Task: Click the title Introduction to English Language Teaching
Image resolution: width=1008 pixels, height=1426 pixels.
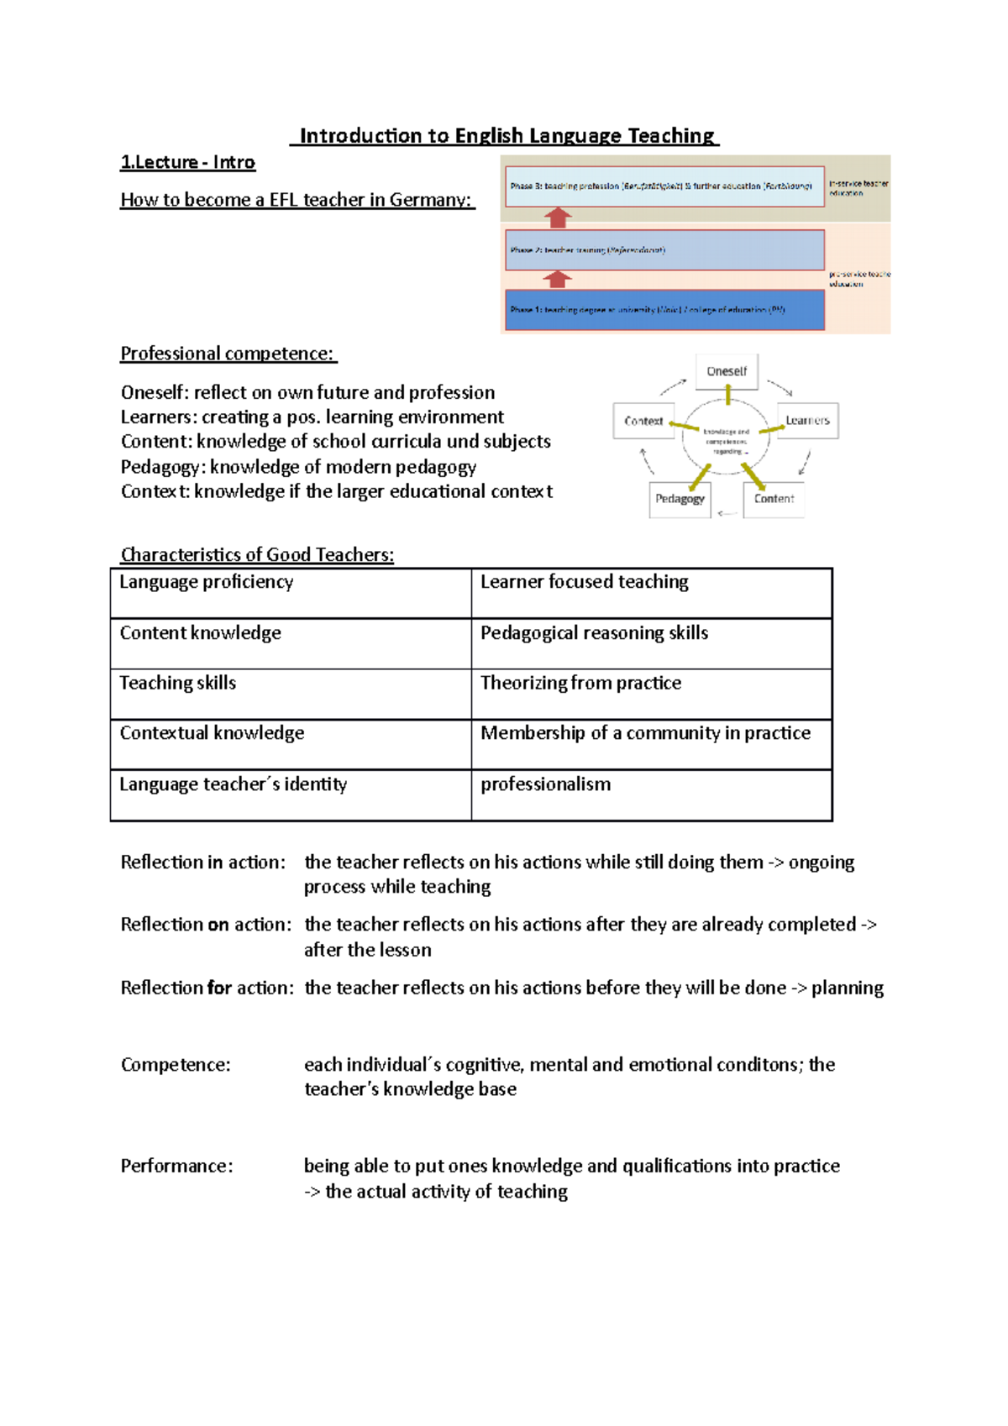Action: (506, 136)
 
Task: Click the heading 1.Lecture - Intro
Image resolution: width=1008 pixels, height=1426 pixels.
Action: (187, 162)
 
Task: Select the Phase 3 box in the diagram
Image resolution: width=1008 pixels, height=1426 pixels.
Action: (664, 186)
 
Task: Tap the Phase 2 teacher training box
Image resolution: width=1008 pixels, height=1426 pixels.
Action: (664, 249)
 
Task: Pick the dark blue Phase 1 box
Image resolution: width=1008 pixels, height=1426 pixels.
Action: (664, 310)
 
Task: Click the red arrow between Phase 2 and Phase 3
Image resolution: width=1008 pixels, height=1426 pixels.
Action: (558, 218)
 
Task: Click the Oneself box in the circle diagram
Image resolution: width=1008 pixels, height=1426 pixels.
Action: (727, 371)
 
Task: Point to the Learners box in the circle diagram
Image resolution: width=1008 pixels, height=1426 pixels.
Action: (807, 421)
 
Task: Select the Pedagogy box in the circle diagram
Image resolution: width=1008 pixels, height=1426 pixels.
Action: (680, 499)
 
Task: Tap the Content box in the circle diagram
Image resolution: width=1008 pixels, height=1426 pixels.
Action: (774, 499)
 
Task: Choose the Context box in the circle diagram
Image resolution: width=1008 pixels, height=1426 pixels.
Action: (643, 421)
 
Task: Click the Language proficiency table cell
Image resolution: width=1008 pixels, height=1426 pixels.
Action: (290, 593)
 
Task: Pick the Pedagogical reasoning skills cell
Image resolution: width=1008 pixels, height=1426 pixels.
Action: (651, 643)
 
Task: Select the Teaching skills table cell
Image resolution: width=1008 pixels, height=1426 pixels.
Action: (290, 694)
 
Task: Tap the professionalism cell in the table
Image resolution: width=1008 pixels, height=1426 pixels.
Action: (651, 794)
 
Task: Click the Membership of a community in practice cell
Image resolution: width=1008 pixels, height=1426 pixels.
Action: (651, 744)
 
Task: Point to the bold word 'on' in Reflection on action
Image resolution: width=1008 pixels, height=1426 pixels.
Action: (218, 925)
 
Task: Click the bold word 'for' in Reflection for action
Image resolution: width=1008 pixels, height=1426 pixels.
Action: (219, 988)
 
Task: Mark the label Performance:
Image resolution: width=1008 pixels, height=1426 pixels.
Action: (176, 1166)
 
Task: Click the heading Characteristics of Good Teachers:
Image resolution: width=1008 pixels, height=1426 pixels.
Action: (257, 554)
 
